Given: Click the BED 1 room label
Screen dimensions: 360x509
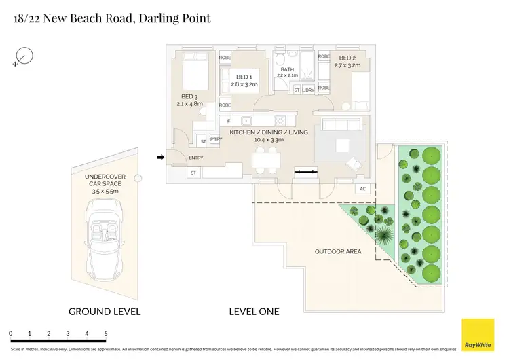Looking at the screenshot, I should [244, 77].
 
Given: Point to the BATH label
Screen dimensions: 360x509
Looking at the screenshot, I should [288, 69].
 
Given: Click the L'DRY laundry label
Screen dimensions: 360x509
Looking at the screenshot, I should [307, 90].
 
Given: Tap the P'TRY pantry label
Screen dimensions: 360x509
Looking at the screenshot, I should [216, 139].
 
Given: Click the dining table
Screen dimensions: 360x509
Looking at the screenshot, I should [265, 161].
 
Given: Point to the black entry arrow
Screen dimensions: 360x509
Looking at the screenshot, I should [160, 158].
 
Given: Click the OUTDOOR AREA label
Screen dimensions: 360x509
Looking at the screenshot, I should [338, 251].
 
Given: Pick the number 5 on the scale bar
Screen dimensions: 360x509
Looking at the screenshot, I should [106, 334].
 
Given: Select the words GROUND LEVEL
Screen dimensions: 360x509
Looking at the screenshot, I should [105, 312].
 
